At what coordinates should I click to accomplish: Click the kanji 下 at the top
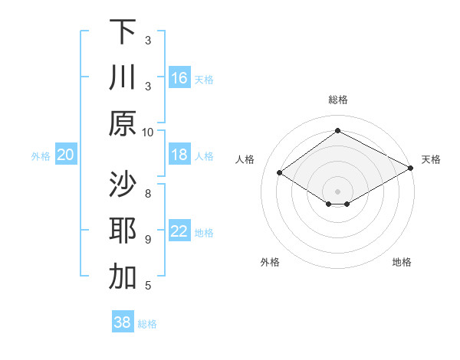click(x=123, y=32)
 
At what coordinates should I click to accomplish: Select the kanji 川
click(x=123, y=78)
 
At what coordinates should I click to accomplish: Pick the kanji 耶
click(x=123, y=231)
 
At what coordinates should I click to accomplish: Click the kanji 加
click(x=123, y=277)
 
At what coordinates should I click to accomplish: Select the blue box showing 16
click(x=179, y=78)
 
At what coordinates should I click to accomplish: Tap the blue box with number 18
click(x=179, y=155)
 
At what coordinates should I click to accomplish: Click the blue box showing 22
click(x=179, y=231)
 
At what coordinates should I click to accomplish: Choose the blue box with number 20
click(x=65, y=155)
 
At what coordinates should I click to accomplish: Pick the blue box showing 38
click(x=122, y=322)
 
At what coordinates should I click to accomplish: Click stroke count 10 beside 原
click(x=148, y=132)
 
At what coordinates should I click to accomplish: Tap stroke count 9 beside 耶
click(x=148, y=239)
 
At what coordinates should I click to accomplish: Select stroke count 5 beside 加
click(x=148, y=286)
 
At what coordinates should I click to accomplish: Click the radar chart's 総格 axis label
click(x=337, y=100)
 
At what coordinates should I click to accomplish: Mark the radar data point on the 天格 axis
click(x=411, y=168)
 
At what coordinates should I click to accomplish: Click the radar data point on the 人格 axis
click(x=280, y=173)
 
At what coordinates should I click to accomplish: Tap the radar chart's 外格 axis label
click(x=270, y=262)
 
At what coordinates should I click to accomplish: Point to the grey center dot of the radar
click(x=337, y=191)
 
